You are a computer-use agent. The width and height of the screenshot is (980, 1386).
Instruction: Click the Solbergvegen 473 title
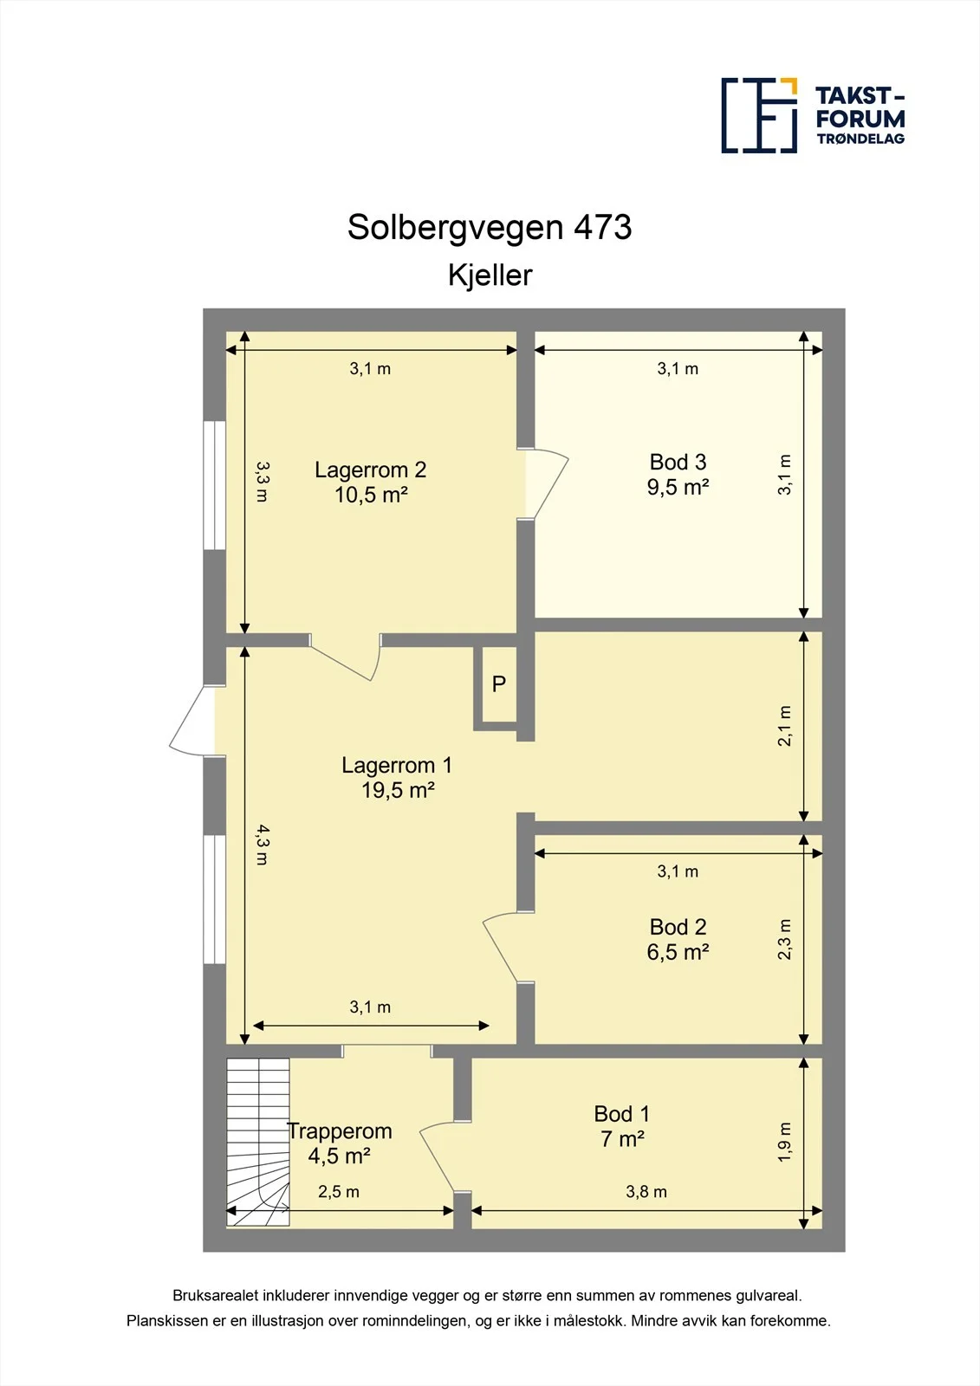(x=489, y=228)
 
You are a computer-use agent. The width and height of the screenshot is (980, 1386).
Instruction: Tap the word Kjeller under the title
(x=490, y=275)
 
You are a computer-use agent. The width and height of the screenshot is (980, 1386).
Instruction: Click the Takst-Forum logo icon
(x=760, y=115)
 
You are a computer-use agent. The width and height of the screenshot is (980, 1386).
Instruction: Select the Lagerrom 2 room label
(x=371, y=482)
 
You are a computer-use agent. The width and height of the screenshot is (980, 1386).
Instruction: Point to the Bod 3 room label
(x=678, y=475)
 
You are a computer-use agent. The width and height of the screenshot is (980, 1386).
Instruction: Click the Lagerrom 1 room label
(x=398, y=778)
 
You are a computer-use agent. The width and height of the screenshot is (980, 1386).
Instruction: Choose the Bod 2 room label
(x=678, y=939)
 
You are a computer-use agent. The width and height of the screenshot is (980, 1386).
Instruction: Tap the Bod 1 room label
(x=622, y=1126)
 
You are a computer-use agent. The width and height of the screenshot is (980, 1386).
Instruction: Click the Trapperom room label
(x=340, y=1143)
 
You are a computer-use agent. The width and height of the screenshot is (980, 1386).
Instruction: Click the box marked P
(x=499, y=684)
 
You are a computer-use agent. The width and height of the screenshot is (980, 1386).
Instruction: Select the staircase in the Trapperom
(x=257, y=1143)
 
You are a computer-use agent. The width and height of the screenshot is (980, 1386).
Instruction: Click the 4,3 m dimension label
(x=263, y=845)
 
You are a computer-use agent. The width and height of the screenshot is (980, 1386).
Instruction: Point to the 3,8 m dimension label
(x=646, y=1192)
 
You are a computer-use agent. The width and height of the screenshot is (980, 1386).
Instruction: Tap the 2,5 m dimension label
(x=339, y=1192)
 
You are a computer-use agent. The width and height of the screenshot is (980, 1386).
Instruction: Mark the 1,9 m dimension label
(x=784, y=1142)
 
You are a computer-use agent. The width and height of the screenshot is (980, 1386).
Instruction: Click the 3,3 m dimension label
(x=263, y=482)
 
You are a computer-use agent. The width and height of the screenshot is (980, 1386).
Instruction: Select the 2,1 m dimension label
(x=784, y=725)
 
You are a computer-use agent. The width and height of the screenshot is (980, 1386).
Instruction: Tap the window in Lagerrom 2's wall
(x=214, y=485)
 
